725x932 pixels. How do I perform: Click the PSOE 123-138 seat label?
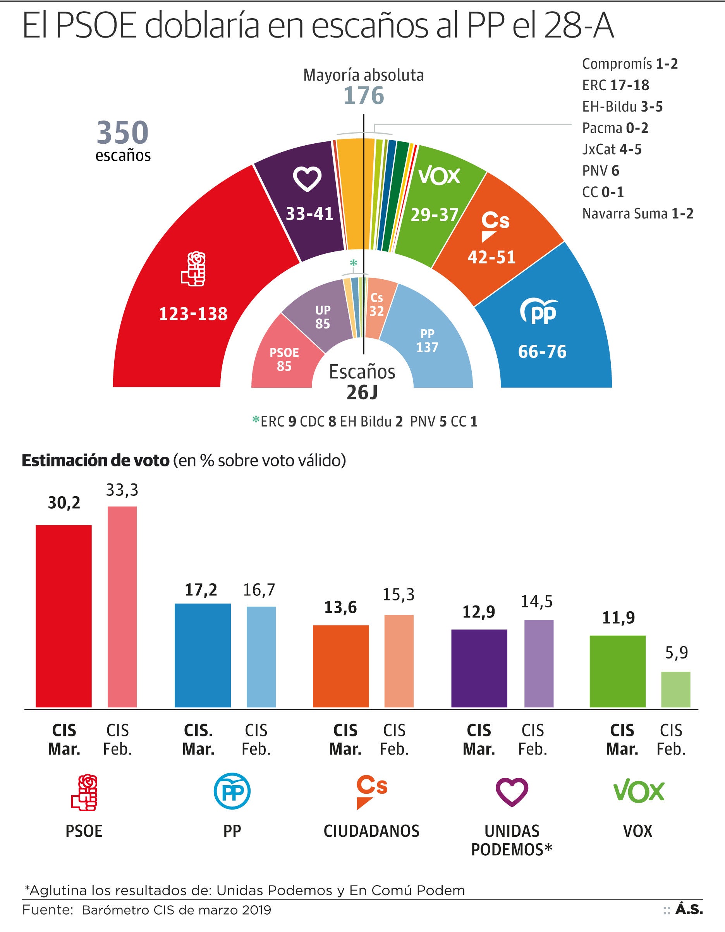(x=193, y=314)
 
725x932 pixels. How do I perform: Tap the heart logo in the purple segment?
(x=307, y=178)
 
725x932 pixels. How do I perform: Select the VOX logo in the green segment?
(x=439, y=176)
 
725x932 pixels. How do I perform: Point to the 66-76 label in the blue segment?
(x=542, y=352)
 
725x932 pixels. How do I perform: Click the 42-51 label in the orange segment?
(x=491, y=257)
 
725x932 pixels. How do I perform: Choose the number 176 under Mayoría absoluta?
(x=364, y=96)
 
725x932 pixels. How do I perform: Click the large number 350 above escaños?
(x=123, y=132)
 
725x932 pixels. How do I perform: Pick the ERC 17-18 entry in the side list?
(x=615, y=85)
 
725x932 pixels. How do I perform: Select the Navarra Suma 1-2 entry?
(x=637, y=213)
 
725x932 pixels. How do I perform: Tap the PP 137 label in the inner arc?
(x=427, y=340)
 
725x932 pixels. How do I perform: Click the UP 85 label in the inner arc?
(x=323, y=317)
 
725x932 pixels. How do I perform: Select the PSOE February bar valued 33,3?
(x=122, y=606)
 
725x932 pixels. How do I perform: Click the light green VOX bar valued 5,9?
(x=675, y=689)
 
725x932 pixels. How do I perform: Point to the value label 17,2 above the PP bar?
(x=201, y=590)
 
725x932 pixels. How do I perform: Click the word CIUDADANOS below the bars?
(x=371, y=831)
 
